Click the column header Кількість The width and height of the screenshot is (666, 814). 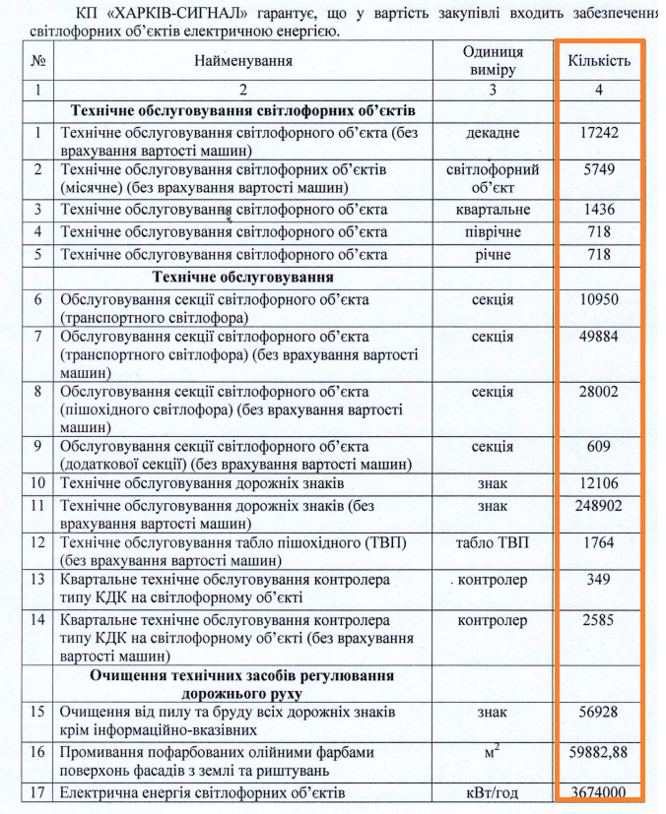tap(598, 61)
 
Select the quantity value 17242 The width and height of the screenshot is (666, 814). tap(598, 132)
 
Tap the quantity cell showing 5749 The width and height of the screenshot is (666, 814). tap(598, 169)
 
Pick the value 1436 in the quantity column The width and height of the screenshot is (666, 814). tap(598, 210)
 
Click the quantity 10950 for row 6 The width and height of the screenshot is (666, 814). tap(598, 299)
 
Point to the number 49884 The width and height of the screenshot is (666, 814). tap(598, 337)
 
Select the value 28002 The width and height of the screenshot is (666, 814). tap(598, 392)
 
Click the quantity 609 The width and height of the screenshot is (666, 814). tap(598, 446)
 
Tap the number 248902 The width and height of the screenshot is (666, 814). tap(598, 506)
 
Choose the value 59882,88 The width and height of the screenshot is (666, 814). tap(598, 752)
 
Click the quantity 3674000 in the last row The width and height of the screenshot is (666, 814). tap(598, 793)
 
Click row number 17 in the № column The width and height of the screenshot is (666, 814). tap(38, 793)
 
